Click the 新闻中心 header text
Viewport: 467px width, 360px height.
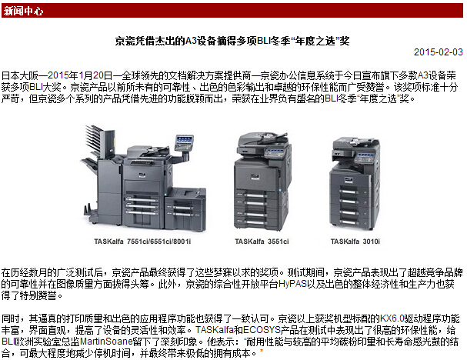(x=23, y=12)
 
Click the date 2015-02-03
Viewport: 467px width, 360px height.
(x=439, y=52)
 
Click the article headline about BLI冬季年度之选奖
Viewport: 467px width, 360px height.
(x=232, y=41)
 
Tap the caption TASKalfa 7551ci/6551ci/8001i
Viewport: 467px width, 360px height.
(x=142, y=242)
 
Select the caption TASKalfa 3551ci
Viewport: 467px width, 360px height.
(x=262, y=242)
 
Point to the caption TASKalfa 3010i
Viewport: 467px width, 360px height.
(x=355, y=242)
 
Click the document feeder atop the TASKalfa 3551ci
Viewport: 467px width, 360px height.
(x=262, y=140)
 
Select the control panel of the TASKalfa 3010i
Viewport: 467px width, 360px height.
(x=365, y=156)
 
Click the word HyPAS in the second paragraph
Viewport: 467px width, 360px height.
(x=292, y=284)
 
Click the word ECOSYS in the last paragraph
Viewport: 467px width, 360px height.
(x=262, y=330)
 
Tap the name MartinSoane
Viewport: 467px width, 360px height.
(x=106, y=342)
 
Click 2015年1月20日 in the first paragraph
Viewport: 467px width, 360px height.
(x=80, y=75)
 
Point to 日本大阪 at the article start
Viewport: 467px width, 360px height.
(x=20, y=75)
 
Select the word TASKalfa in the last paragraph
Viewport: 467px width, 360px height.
(x=214, y=330)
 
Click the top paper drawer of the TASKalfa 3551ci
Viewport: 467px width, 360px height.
(x=251, y=195)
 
